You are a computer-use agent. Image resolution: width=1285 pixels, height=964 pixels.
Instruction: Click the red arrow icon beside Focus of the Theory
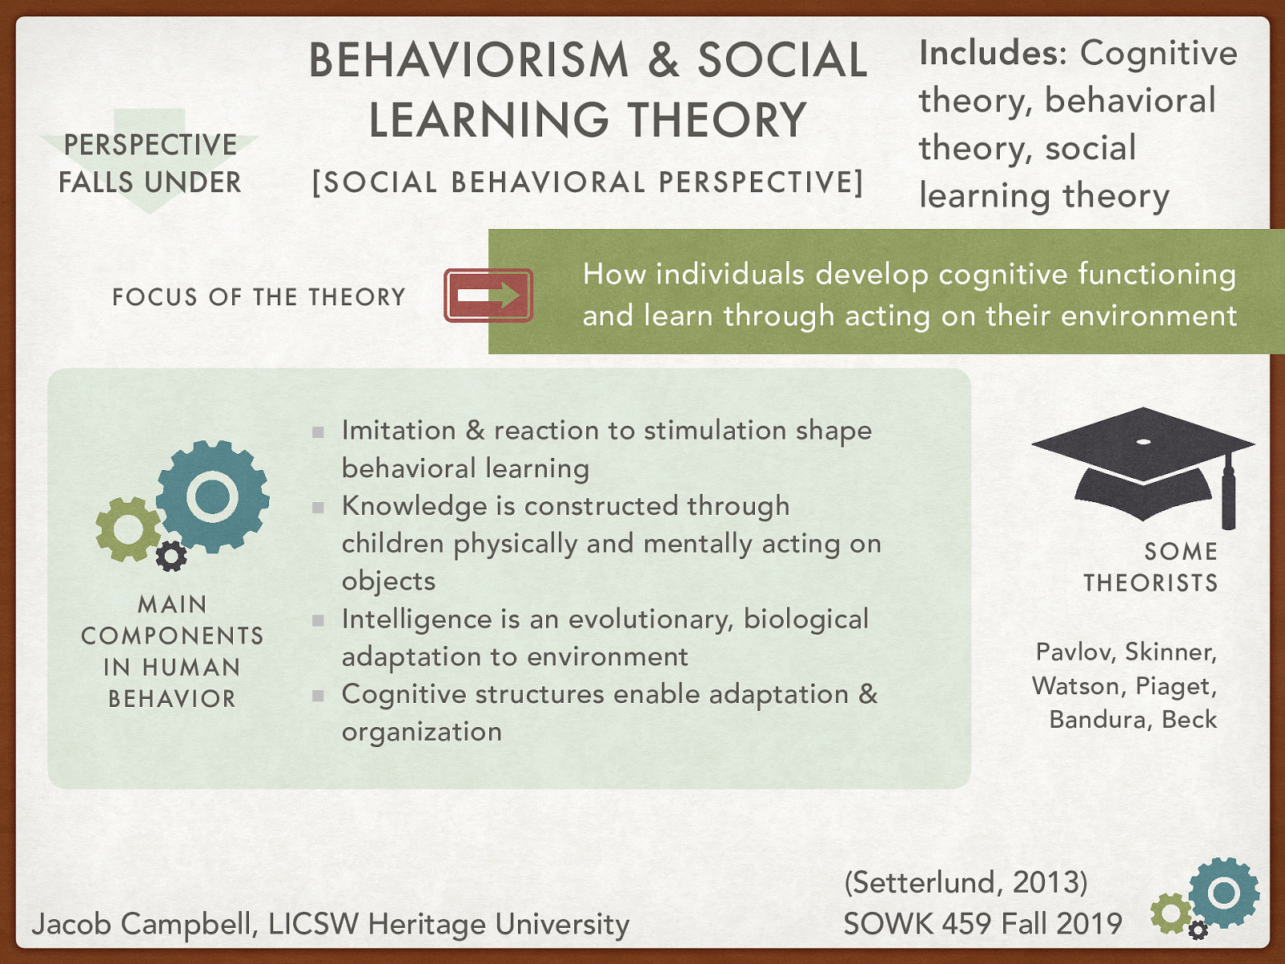[488, 296]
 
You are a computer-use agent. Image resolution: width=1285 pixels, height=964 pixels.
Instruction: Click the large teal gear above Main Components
[212, 496]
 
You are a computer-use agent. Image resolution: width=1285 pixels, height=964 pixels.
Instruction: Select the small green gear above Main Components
[127, 529]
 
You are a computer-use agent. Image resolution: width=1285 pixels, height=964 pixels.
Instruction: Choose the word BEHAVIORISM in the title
[469, 61]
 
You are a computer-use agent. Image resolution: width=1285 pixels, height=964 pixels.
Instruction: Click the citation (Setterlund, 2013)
[965, 882]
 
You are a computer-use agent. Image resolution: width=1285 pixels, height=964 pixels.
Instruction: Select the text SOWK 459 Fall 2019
[982, 924]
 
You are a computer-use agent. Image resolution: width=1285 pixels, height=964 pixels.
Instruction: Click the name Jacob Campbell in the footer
[140, 925]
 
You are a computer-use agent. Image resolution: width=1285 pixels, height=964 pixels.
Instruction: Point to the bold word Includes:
[993, 54]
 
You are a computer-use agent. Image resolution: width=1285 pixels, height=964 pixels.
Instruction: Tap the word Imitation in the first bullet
[398, 431]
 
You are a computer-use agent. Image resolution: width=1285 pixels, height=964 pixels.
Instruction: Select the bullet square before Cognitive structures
[318, 696]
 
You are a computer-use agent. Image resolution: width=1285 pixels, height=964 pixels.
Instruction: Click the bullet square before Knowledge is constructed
[318, 508]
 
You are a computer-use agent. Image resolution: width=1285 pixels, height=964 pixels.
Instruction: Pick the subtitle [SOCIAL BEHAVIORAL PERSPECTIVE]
[588, 182]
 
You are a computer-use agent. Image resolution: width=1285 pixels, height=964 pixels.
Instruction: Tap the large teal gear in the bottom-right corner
[1223, 893]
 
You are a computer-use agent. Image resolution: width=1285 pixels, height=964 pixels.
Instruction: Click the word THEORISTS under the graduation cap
[1150, 583]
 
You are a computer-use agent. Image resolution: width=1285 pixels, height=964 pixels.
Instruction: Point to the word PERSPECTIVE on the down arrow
[150, 145]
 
